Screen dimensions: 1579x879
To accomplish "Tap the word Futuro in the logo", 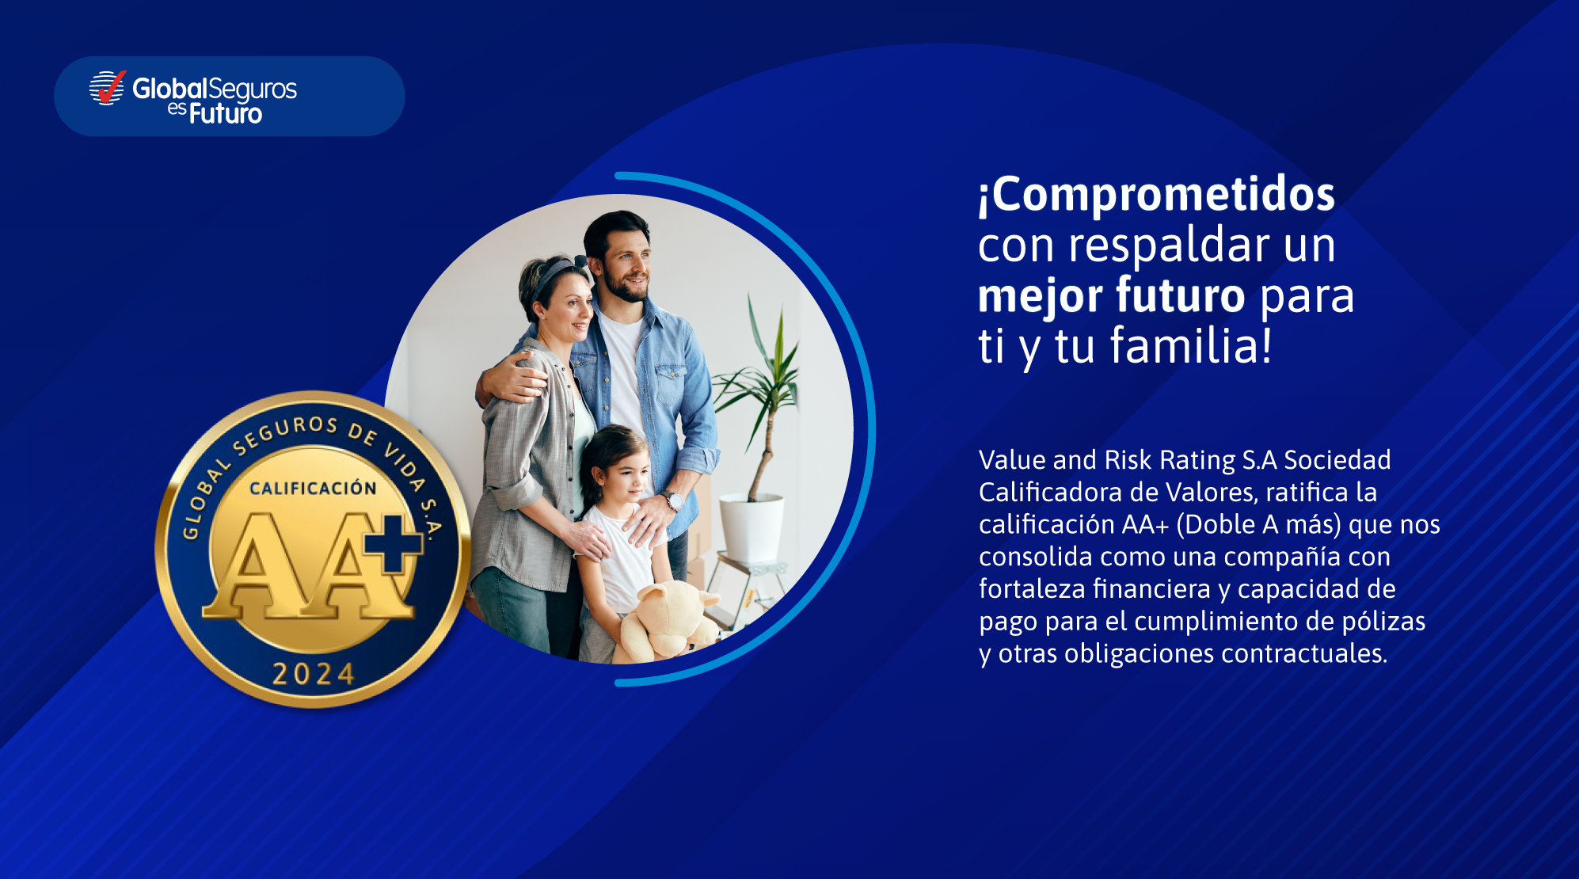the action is point(226,114).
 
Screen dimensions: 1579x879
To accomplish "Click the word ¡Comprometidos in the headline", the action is point(1157,196).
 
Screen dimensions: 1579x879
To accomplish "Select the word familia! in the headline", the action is point(1191,345).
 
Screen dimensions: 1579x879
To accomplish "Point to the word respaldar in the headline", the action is point(1170,245).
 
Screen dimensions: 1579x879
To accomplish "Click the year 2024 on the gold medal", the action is point(314,674).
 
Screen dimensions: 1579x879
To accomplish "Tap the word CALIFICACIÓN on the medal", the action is point(314,488).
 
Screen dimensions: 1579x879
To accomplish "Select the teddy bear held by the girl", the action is point(669,622).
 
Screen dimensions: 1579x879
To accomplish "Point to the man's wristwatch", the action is point(673,500).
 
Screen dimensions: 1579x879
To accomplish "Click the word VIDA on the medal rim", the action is point(405,464).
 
